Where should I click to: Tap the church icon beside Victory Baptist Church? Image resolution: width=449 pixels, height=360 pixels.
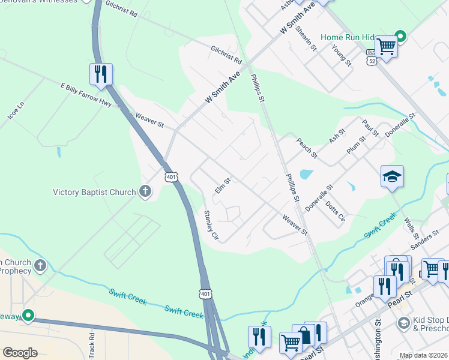click(145, 192)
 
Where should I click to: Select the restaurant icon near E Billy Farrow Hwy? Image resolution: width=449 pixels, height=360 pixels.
click(101, 74)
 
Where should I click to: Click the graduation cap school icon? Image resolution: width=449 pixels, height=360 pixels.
click(391, 177)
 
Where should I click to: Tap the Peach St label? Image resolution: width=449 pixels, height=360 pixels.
click(307, 148)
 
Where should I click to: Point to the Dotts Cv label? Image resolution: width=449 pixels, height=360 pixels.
click(334, 209)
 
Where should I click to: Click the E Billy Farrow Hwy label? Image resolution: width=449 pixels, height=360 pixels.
click(86, 95)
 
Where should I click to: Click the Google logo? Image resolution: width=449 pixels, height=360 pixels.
click(20, 353)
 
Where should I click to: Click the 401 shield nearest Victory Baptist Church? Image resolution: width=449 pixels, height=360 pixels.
click(171, 177)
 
